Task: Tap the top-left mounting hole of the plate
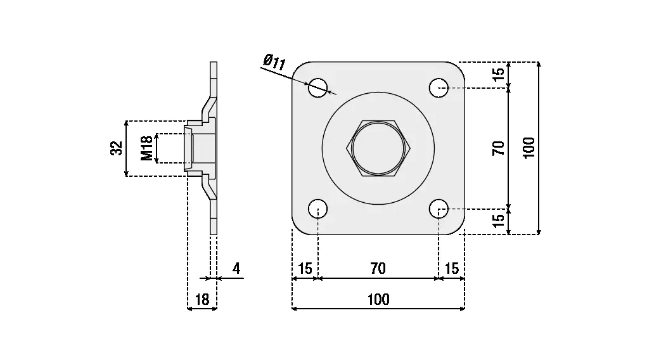pos(318,88)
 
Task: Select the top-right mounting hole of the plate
pos(439,88)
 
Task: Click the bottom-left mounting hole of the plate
pos(318,209)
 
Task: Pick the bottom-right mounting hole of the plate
pos(439,209)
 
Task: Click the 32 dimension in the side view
pos(117,148)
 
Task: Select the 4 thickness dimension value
pos(236,269)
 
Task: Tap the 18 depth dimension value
pos(202,300)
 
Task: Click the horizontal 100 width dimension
pos(378,300)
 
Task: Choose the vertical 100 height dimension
pos(530,148)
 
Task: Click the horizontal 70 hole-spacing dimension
pos(378,269)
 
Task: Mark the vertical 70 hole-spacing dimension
pos(499,148)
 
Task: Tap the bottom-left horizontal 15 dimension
pos(305,269)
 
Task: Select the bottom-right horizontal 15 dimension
pos(452,269)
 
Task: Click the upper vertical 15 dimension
pos(499,73)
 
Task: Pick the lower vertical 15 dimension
pos(499,221)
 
